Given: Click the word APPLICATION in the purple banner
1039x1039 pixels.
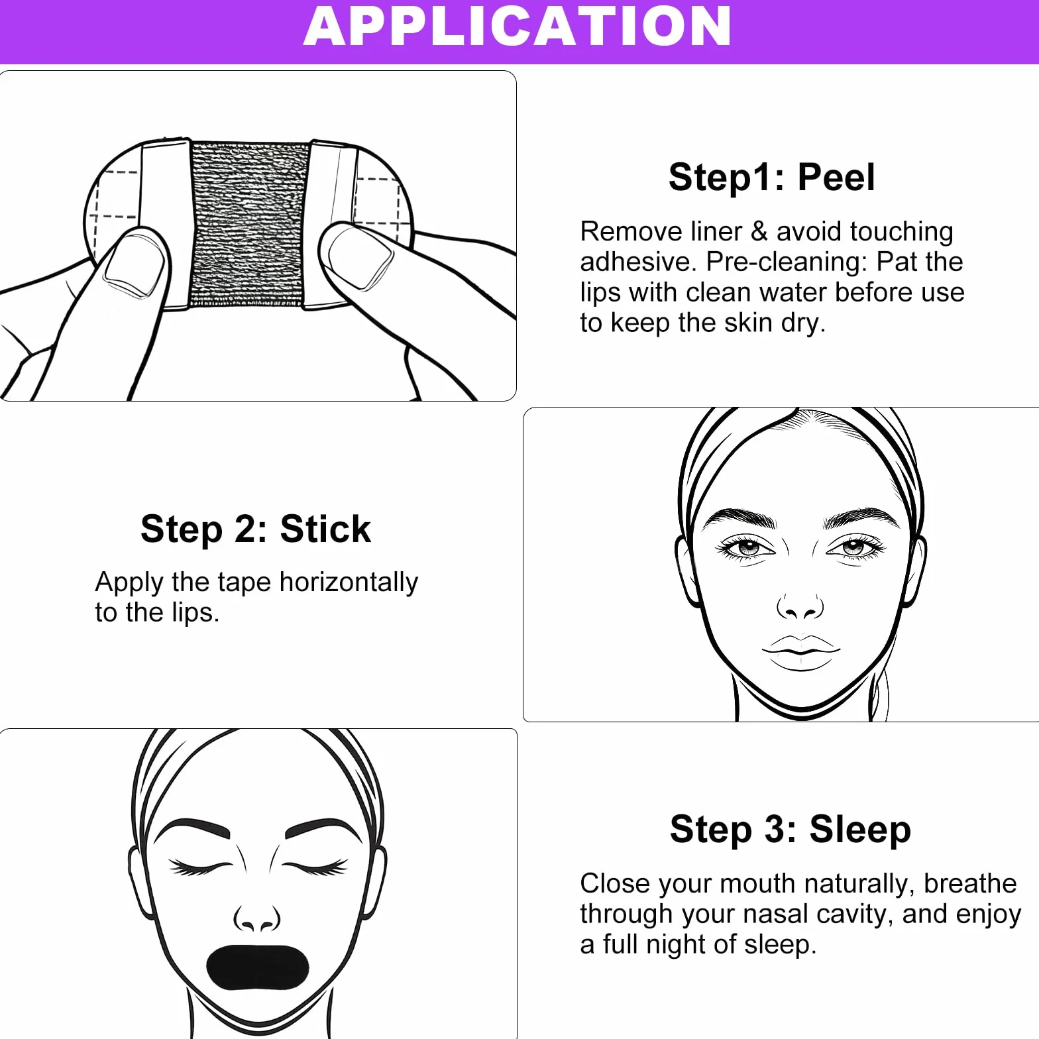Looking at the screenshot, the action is (517, 27).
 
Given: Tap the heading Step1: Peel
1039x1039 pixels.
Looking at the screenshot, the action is (772, 178).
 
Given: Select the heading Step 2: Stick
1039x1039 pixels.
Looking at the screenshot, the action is (256, 529).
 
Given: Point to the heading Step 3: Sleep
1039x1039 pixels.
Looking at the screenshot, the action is (791, 830).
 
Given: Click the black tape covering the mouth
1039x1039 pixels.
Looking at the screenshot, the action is (257, 967).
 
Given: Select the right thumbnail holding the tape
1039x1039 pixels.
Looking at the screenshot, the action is (356, 256).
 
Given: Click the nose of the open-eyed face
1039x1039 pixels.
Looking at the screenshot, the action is (800, 605).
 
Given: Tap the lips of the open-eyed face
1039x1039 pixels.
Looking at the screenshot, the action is (801, 652).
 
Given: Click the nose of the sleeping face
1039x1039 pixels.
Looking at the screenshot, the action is (257, 918).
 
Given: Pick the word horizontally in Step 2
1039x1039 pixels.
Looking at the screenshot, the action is (349, 582).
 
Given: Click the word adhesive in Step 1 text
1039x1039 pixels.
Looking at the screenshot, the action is (637, 262).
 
